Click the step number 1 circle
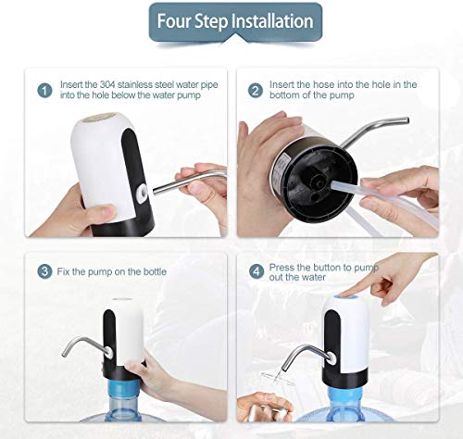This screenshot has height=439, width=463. [45, 91]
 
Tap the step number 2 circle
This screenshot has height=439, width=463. [256, 91]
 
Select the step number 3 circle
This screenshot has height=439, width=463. [44, 271]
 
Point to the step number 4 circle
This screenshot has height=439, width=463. [257, 271]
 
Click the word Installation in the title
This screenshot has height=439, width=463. [272, 21]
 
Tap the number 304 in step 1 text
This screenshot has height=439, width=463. [107, 84]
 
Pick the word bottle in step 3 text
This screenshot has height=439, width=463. [155, 271]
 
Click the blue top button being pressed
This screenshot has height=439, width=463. [345, 297]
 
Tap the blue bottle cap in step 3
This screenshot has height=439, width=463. [124, 387]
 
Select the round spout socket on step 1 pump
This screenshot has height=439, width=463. [143, 193]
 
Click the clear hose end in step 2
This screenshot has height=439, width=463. [334, 185]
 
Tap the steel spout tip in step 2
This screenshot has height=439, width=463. [407, 120]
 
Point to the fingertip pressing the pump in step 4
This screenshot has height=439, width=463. [342, 293]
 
